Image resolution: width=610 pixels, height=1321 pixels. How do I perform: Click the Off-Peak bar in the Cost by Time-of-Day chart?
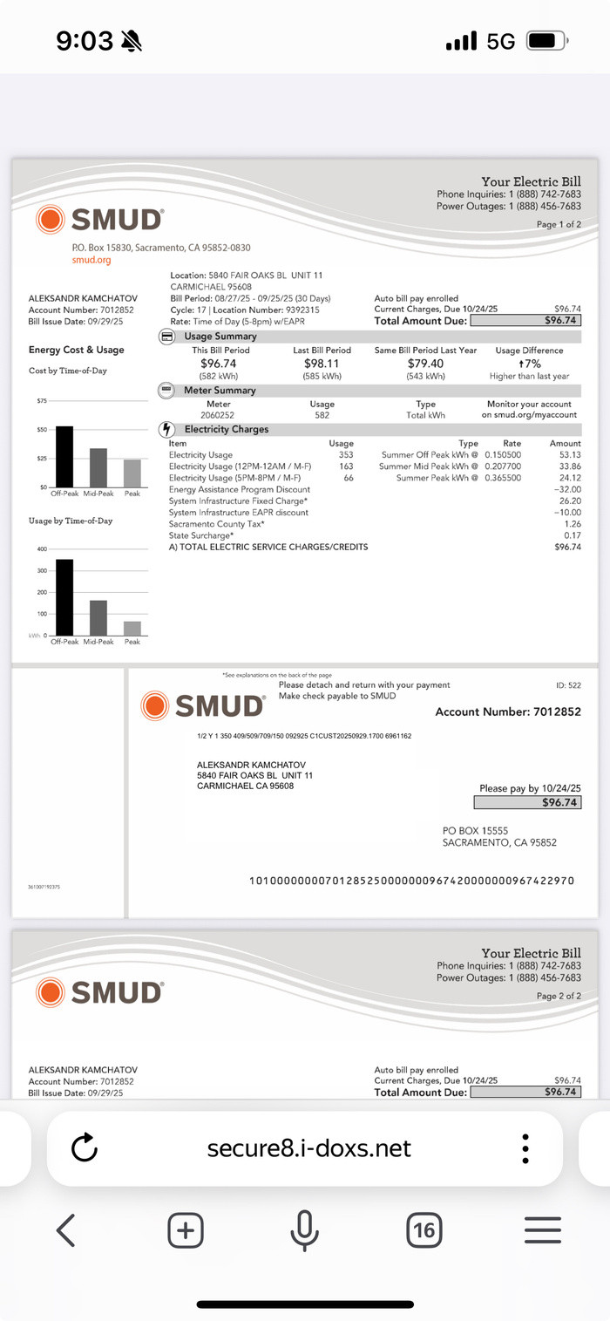pos(64,457)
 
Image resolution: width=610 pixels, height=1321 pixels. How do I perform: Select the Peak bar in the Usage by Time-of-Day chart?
pos(132,628)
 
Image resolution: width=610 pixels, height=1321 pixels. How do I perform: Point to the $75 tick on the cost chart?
pos(42,401)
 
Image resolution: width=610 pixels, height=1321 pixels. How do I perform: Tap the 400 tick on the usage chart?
pos(41,549)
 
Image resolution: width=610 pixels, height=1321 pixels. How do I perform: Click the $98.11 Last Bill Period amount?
pos(322,364)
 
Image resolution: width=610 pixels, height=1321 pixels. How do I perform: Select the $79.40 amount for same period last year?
pos(425,364)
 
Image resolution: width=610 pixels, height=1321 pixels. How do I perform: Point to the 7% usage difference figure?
pos(532,364)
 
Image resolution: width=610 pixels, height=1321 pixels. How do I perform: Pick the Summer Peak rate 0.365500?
pos(503,478)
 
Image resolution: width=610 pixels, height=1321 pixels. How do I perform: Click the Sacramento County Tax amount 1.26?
pos(573,524)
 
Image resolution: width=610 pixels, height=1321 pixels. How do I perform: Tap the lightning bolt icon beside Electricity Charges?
pos(166,430)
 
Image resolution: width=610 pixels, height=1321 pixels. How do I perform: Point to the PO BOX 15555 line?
pos(475,831)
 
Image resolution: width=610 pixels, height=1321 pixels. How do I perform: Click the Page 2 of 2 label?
pos(559,996)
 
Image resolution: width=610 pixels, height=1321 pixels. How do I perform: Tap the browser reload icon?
pos(85,1147)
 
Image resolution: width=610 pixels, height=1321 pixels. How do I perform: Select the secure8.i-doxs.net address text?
pos(308,1147)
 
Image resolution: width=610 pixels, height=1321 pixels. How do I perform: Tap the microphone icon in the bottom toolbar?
pos(304,1230)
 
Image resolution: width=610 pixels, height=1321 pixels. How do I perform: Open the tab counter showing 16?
pos(424,1230)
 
